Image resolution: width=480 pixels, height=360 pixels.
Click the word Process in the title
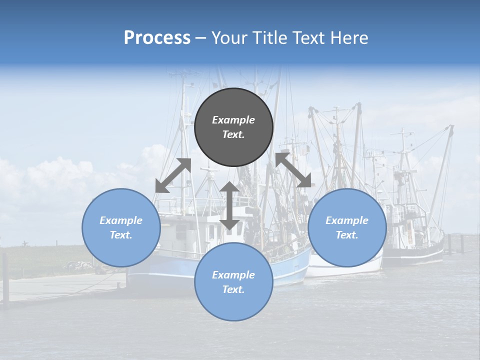point(157,38)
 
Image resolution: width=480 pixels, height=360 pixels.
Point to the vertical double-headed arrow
point(229,205)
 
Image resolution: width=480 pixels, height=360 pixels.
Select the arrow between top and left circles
point(173,175)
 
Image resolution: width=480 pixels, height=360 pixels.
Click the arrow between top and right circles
point(293,170)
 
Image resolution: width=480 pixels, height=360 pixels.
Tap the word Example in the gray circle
point(233,120)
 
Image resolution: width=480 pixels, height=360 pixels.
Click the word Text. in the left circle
point(121,235)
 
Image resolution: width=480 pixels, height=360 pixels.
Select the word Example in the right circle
point(347,220)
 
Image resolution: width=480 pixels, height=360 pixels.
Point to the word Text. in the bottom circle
point(233,289)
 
